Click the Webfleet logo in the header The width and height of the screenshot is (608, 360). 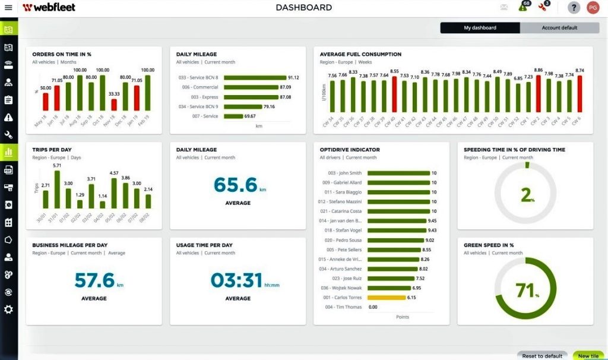tap(49, 8)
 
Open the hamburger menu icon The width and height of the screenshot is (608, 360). tap(8, 8)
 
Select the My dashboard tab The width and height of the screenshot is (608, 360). tap(480, 28)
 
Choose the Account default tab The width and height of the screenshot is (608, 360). tap(559, 28)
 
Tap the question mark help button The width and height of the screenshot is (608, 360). tap(574, 8)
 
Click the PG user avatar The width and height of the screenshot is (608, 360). tap(592, 8)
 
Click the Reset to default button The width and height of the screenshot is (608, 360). tap(541, 355)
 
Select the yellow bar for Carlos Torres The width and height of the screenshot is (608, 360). tap(387, 297)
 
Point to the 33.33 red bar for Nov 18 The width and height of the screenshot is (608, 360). tap(114, 105)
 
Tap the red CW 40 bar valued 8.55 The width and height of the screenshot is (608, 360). tap(394, 95)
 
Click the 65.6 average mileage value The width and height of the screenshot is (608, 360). tap(236, 185)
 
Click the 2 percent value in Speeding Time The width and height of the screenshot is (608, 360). tap(525, 195)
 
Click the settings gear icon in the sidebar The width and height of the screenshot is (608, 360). tap(8, 310)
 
